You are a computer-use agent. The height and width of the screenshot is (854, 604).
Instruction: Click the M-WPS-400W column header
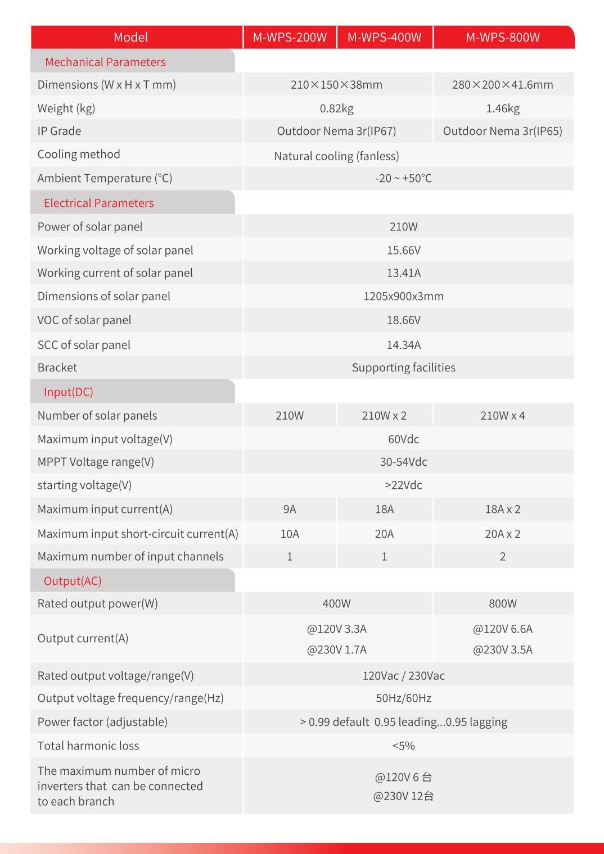tap(384, 37)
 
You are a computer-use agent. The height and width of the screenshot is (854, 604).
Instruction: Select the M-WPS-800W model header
tap(502, 37)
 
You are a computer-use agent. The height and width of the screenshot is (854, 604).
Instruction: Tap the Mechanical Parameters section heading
tap(105, 62)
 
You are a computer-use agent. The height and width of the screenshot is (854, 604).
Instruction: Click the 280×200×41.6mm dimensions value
tap(502, 85)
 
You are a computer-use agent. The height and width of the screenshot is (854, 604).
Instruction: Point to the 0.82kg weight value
tap(336, 108)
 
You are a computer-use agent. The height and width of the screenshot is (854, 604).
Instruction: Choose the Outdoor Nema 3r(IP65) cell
tap(502, 131)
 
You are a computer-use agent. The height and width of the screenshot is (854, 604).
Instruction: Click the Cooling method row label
tap(79, 155)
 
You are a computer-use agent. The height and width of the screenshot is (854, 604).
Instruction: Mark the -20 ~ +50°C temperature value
tap(403, 179)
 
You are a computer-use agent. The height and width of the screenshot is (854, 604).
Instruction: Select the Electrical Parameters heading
tap(98, 203)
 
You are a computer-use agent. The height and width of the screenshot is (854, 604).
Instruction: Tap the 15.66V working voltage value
tap(403, 250)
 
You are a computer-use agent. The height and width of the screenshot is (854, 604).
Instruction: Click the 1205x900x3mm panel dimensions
tap(403, 296)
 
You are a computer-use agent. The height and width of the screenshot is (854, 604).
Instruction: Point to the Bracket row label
tap(57, 367)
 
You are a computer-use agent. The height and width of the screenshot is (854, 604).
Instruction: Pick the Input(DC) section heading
tap(69, 392)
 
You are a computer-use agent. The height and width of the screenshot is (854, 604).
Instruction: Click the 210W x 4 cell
tap(502, 416)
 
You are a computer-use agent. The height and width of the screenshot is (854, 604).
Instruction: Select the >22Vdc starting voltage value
tap(403, 485)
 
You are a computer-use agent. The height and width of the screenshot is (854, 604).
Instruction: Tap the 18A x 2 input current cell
tap(502, 509)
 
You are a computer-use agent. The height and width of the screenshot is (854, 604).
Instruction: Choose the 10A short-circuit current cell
tap(290, 534)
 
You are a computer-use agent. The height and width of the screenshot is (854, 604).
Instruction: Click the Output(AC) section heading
tap(73, 581)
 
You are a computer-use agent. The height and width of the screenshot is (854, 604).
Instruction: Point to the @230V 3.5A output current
tap(502, 649)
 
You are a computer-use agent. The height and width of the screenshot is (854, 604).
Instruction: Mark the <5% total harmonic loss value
tap(403, 746)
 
